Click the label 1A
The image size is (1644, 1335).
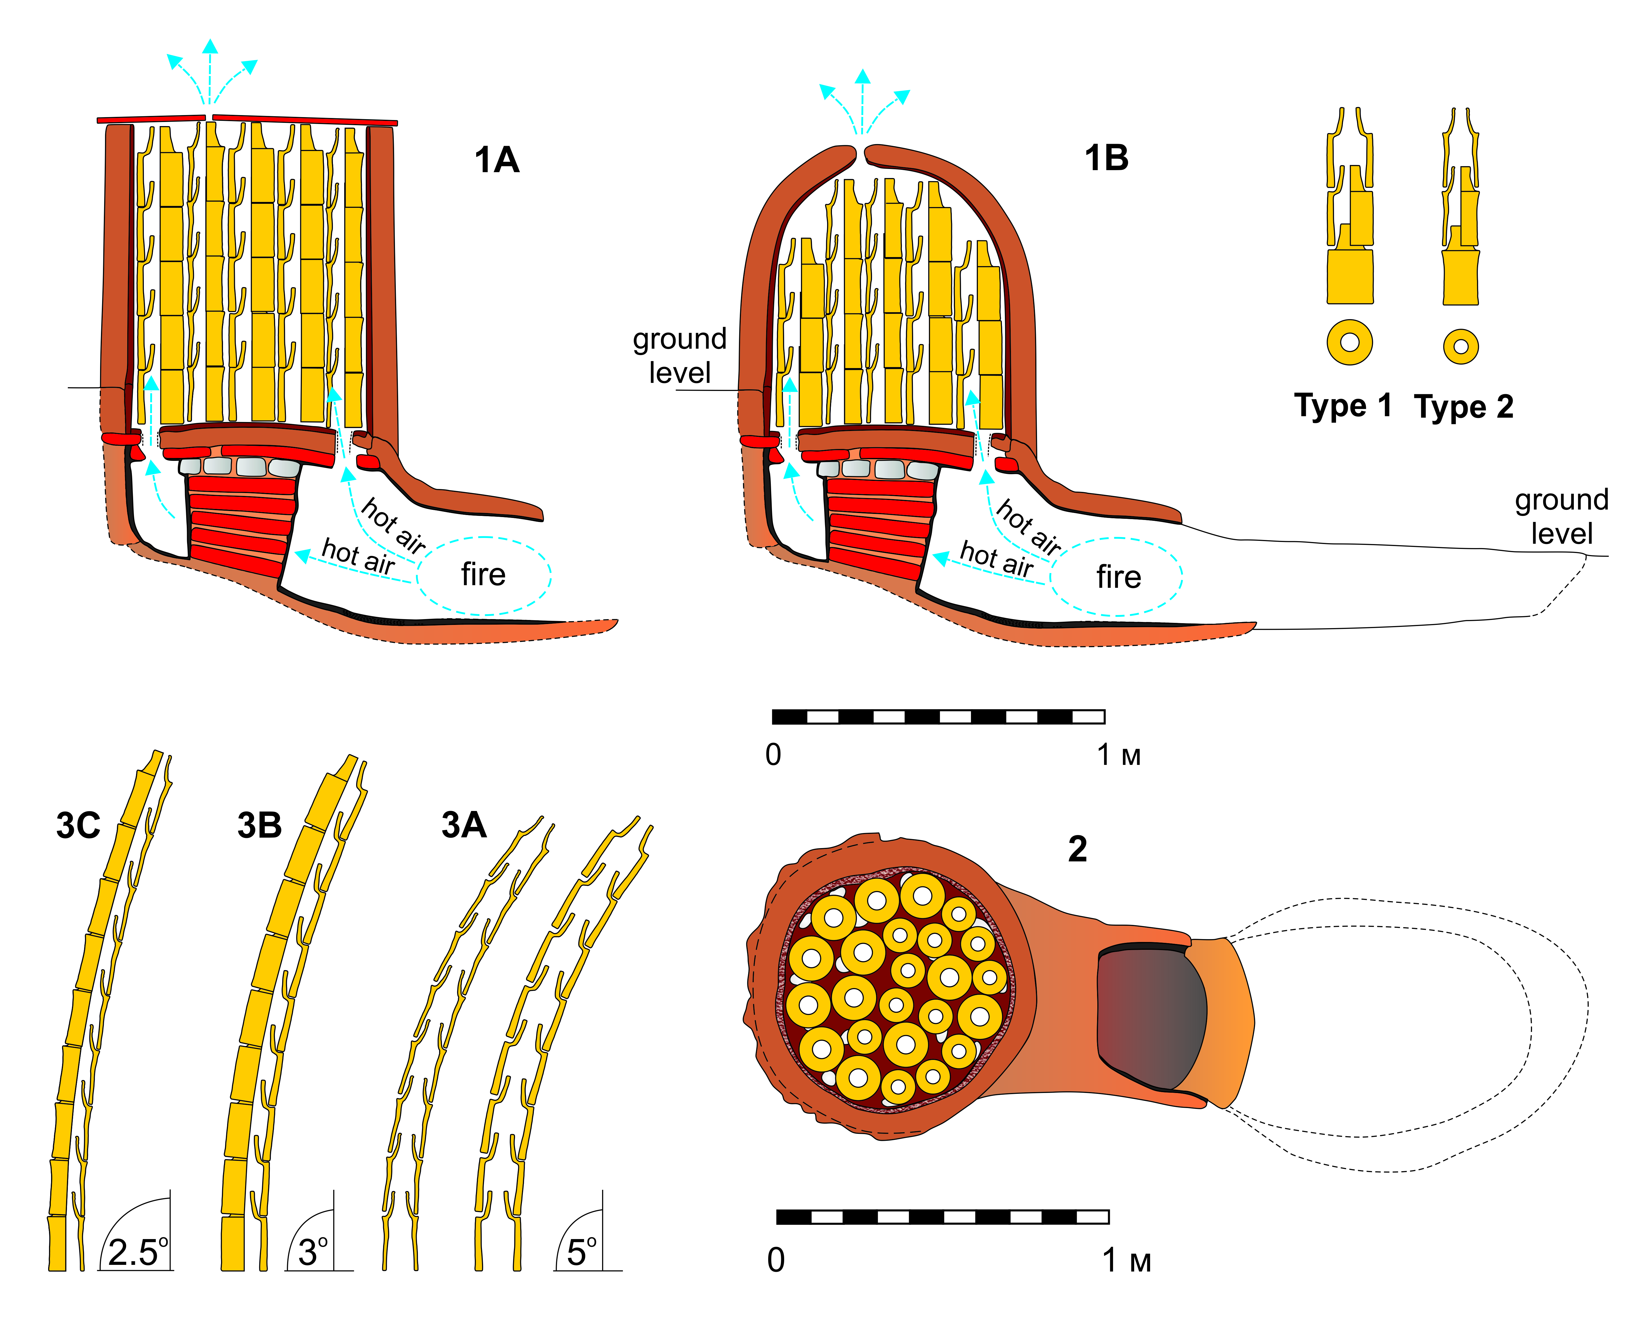pyautogui.click(x=497, y=160)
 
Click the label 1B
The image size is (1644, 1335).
pyautogui.click(x=1106, y=159)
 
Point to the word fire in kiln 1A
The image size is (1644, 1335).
pyautogui.click(x=483, y=574)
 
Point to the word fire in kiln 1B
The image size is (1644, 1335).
pyautogui.click(x=1119, y=577)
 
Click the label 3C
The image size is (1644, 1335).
pyautogui.click(x=78, y=825)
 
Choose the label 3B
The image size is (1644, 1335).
pyautogui.click(x=259, y=825)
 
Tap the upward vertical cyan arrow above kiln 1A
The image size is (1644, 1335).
pyautogui.click(x=209, y=73)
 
